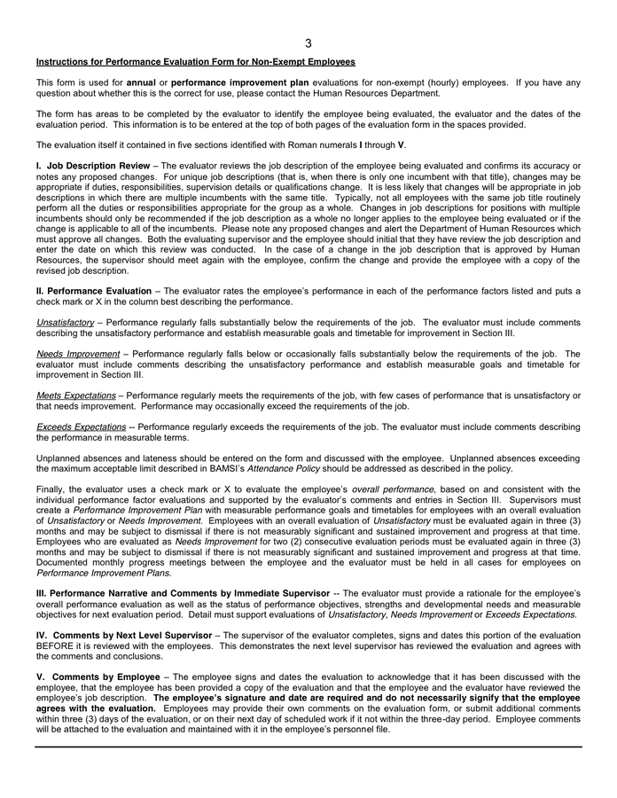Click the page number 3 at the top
coord(308,43)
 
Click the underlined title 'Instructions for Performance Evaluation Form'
coord(195,62)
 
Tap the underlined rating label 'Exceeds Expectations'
coord(81,426)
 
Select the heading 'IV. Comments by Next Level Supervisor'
coord(124,635)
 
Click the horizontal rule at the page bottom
coord(308,747)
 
